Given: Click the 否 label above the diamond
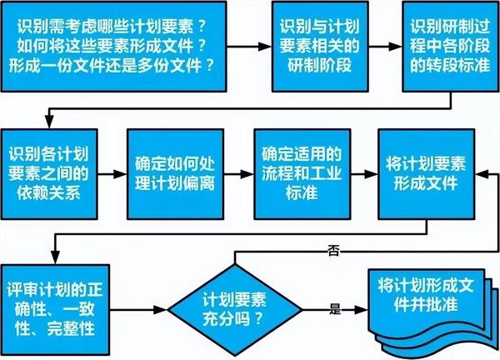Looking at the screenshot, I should [333, 249].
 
